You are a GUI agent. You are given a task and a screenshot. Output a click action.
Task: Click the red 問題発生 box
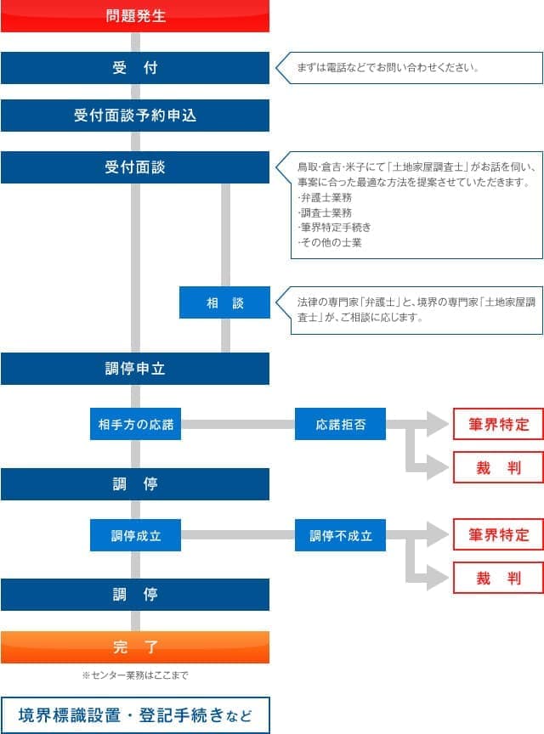tap(135, 16)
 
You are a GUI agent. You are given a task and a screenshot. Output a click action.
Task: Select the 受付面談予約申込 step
tap(135, 116)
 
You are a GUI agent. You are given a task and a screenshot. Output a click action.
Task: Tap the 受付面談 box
tap(135, 167)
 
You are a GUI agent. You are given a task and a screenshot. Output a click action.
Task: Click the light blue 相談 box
tap(224, 302)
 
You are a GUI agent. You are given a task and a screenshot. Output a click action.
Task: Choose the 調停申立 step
tap(135, 369)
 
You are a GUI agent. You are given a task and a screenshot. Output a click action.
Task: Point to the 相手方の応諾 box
tap(135, 424)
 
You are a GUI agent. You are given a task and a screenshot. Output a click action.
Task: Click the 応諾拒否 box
tap(340, 424)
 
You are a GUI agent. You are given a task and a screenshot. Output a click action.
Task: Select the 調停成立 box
tap(135, 536)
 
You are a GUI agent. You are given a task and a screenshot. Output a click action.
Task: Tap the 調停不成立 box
tap(340, 536)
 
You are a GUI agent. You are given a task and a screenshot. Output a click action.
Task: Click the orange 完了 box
tap(135, 647)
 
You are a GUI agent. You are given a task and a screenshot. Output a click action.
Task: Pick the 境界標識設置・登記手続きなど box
tap(135, 715)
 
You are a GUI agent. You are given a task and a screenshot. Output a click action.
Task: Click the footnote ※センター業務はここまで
tap(134, 675)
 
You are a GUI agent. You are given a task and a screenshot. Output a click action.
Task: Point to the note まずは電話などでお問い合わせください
tap(388, 67)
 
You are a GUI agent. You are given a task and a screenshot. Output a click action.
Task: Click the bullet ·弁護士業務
tap(324, 197)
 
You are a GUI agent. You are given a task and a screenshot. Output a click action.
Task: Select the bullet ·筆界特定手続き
tap(334, 228)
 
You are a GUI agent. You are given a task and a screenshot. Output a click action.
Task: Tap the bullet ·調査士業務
tap(324, 212)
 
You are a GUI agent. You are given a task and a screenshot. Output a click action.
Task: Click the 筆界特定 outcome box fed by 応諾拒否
tap(498, 424)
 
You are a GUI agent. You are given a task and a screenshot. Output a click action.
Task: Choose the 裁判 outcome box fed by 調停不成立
tap(498, 579)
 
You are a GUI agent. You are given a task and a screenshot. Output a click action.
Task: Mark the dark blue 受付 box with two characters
tap(135, 68)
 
